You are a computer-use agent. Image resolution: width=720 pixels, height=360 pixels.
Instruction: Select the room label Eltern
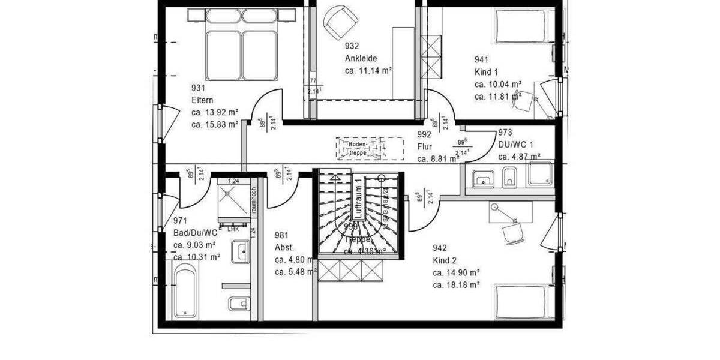(202, 100)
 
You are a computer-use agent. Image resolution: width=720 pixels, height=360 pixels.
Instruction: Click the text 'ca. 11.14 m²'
(368, 71)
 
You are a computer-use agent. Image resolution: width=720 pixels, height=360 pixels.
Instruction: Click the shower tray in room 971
(232, 202)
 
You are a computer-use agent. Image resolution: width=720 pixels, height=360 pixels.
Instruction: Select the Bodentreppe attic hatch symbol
(369, 148)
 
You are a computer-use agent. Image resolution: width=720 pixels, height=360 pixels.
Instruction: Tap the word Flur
(425, 146)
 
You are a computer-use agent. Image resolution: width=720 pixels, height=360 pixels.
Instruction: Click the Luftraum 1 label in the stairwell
(357, 199)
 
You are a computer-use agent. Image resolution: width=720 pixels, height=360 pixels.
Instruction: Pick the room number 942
(440, 248)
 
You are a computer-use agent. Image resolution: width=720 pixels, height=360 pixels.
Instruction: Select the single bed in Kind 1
(521, 26)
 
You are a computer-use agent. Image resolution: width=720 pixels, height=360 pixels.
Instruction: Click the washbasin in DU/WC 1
(482, 178)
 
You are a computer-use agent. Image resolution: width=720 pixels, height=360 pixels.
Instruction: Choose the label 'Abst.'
(284, 247)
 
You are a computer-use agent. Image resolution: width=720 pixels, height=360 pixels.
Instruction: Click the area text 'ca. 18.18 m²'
(455, 285)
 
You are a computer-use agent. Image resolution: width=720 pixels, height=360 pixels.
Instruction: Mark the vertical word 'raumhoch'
(254, 200)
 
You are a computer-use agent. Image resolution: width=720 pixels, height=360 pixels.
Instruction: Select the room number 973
(505, 133)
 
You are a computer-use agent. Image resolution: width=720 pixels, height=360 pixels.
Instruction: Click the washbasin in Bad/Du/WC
(241, 250)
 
